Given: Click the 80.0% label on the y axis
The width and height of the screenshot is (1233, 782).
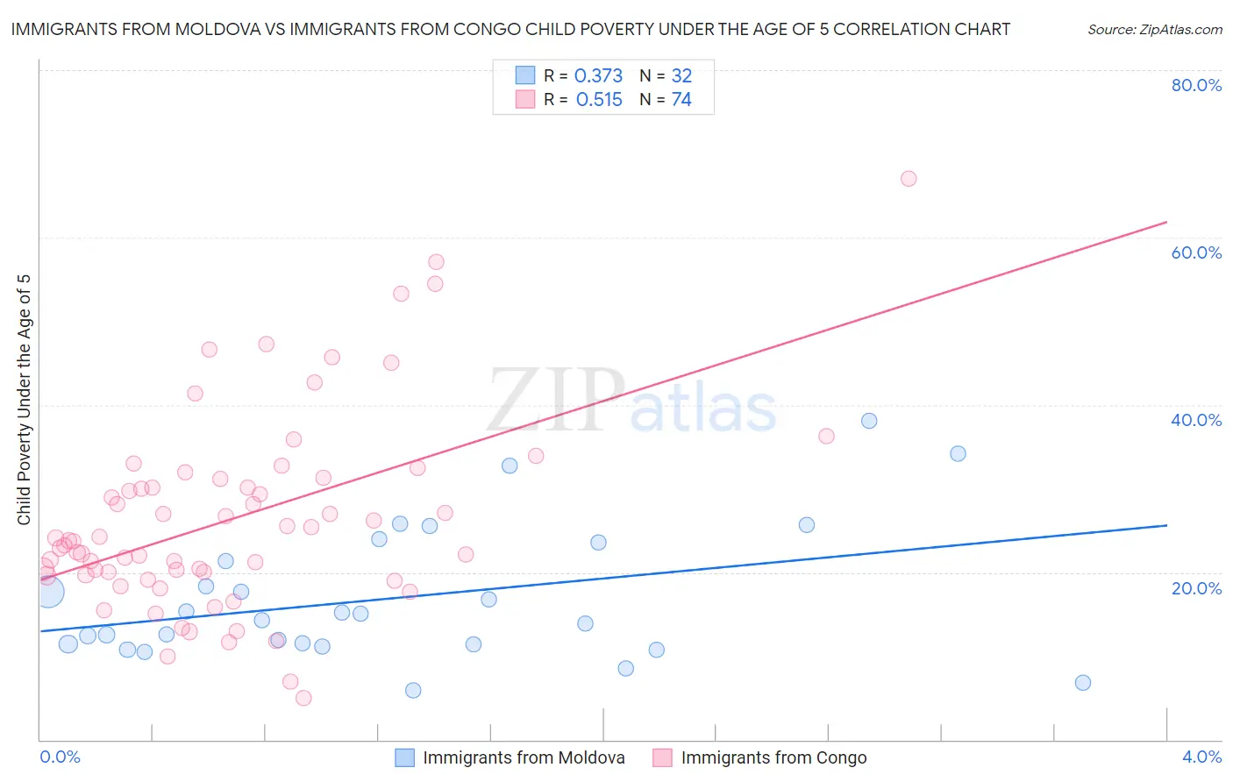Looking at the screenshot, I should (1196, 85).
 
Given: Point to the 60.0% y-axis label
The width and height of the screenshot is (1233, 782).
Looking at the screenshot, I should (1196, 252).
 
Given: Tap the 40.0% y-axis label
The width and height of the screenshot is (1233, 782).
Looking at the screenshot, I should (1196, 420).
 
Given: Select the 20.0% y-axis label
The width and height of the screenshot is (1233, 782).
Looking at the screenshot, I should (1196, 587).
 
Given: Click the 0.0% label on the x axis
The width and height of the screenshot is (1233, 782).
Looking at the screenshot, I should (61, 757).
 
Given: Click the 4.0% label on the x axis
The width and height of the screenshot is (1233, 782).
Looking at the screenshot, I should (1201, 757).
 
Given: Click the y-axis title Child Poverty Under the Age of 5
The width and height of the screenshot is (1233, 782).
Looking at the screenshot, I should (25, 400).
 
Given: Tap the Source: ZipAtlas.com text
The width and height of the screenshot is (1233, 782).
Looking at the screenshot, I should (1154, 29).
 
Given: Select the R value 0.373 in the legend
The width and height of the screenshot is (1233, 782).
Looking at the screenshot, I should (598, 76).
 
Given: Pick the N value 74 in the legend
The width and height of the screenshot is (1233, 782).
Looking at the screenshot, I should (681, 100).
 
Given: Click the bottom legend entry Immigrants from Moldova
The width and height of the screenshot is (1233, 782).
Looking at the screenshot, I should (524, 757).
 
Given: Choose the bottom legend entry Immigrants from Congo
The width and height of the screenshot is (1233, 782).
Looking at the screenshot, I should (773, 757).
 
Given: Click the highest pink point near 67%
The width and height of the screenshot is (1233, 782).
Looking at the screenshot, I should (909, 179).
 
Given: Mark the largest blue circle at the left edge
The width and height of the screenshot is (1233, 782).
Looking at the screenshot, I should (49, 593).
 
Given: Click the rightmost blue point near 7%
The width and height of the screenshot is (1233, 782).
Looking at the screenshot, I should (1083, 683).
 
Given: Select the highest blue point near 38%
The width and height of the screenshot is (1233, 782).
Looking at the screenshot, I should (869, 421).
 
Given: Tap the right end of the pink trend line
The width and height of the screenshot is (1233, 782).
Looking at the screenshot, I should (1166, 222).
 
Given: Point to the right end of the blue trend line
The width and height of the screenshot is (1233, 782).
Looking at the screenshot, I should (1166, 525).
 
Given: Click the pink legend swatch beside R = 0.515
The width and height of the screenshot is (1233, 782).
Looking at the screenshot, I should (525, 100).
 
